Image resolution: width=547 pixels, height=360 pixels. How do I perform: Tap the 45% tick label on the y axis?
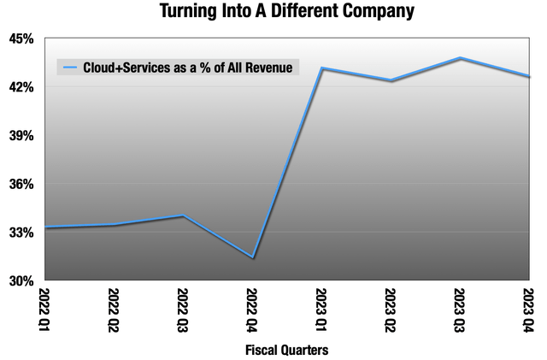pos(21,39)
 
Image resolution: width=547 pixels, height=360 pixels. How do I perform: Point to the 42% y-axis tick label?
pos(21,87)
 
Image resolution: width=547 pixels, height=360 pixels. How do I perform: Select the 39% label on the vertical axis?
pos(21,136)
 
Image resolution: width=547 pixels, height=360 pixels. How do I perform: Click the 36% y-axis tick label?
pos(21,184)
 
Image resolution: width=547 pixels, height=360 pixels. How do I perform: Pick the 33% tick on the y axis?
pos(21,233)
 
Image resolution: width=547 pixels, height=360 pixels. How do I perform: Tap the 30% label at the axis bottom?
pos(21,280)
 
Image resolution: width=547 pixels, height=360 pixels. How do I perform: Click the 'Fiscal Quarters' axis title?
pos(286,350)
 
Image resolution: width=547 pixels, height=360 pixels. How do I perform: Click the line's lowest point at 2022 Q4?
pos(251,257)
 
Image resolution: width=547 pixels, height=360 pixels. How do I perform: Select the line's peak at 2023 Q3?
pos(459,58)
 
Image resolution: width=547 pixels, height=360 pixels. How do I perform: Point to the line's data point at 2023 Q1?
pos(321,68)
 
